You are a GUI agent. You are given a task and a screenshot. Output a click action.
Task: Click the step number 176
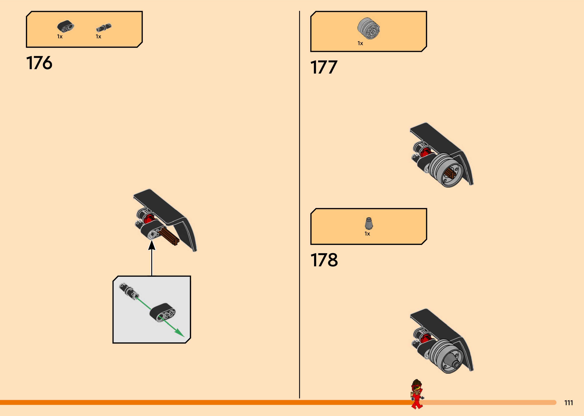[x=39, y=63]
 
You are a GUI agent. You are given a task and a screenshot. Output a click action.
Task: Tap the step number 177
[x=324, y=67]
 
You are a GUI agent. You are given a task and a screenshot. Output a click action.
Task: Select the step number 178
[x=324, y=260]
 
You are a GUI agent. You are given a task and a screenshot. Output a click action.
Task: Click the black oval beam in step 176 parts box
[x=65, y=26]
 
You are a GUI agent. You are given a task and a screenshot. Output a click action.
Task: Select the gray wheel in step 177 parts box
[x=368, y=29]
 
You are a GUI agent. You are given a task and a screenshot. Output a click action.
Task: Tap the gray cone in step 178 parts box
[x=369, y=223]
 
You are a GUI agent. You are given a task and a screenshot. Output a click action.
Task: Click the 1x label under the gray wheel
[x=360, y=43]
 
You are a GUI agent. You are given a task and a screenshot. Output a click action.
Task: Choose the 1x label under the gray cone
[x=367, y=234]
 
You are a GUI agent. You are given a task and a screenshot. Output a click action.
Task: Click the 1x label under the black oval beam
[x=60, y=37]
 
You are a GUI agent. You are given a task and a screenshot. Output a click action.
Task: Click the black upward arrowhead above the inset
[x=152, y=245]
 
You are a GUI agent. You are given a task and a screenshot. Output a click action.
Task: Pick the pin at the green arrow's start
[x=129, y=292]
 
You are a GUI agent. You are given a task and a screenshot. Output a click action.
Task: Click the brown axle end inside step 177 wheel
[x=450, y=174]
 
